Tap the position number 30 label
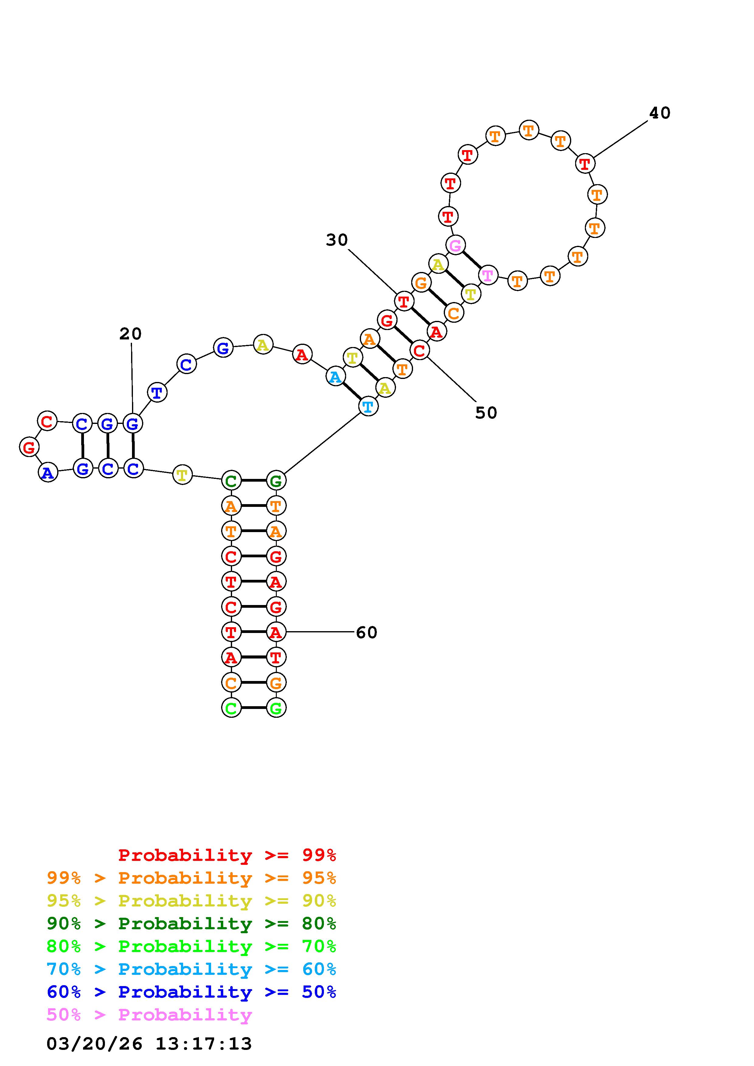coord(337,240)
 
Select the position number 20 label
coord(130,333)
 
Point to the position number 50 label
coord(486,413)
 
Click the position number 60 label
coord(367,632)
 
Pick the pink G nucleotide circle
coord(455,245)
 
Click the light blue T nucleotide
coord(368,407)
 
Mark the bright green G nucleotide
coord(276,708)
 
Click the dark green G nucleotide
coord(276,480)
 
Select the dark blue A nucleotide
coord(48,473)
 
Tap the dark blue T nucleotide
coord(157,392)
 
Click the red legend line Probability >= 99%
coord(227,855)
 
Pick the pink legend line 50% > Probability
coord(149,1015)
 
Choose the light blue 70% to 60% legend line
coord(191,969)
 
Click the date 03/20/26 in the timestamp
coord(94,1044)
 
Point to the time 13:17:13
coord(203,1044)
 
